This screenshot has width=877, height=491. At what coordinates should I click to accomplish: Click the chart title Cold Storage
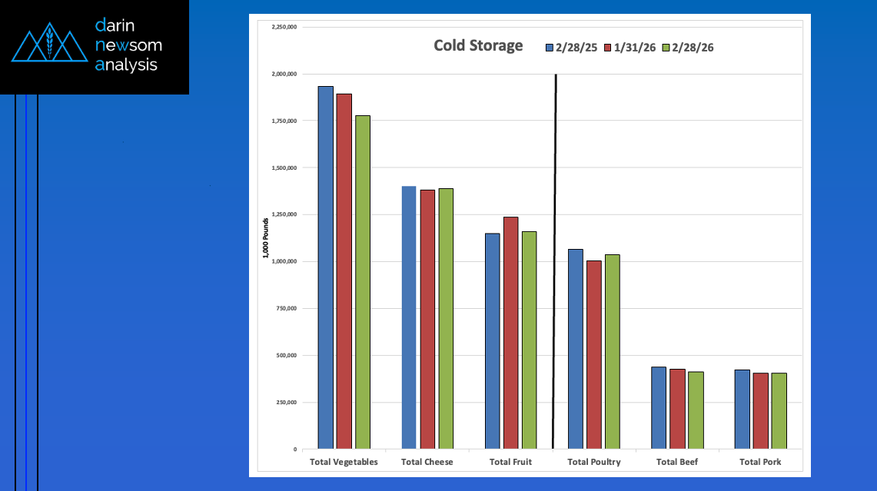[x=478, y=46]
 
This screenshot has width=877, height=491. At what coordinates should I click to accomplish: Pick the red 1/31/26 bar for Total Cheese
[x=427, y=319]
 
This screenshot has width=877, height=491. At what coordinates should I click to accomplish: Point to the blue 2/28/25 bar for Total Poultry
[x=575, y=349]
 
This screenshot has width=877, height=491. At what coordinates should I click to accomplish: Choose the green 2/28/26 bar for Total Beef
[x=696, y=410]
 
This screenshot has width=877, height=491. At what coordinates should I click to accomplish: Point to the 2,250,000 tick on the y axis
[x=285, y=27]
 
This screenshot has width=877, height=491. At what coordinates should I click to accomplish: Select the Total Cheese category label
[x=427, y=463]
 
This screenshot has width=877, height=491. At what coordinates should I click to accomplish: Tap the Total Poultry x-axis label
[x=593, y=463]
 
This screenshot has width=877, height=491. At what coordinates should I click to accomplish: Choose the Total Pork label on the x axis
[x=760, y=463]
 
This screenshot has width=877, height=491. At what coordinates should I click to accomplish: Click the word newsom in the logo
[x=128, y=45]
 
